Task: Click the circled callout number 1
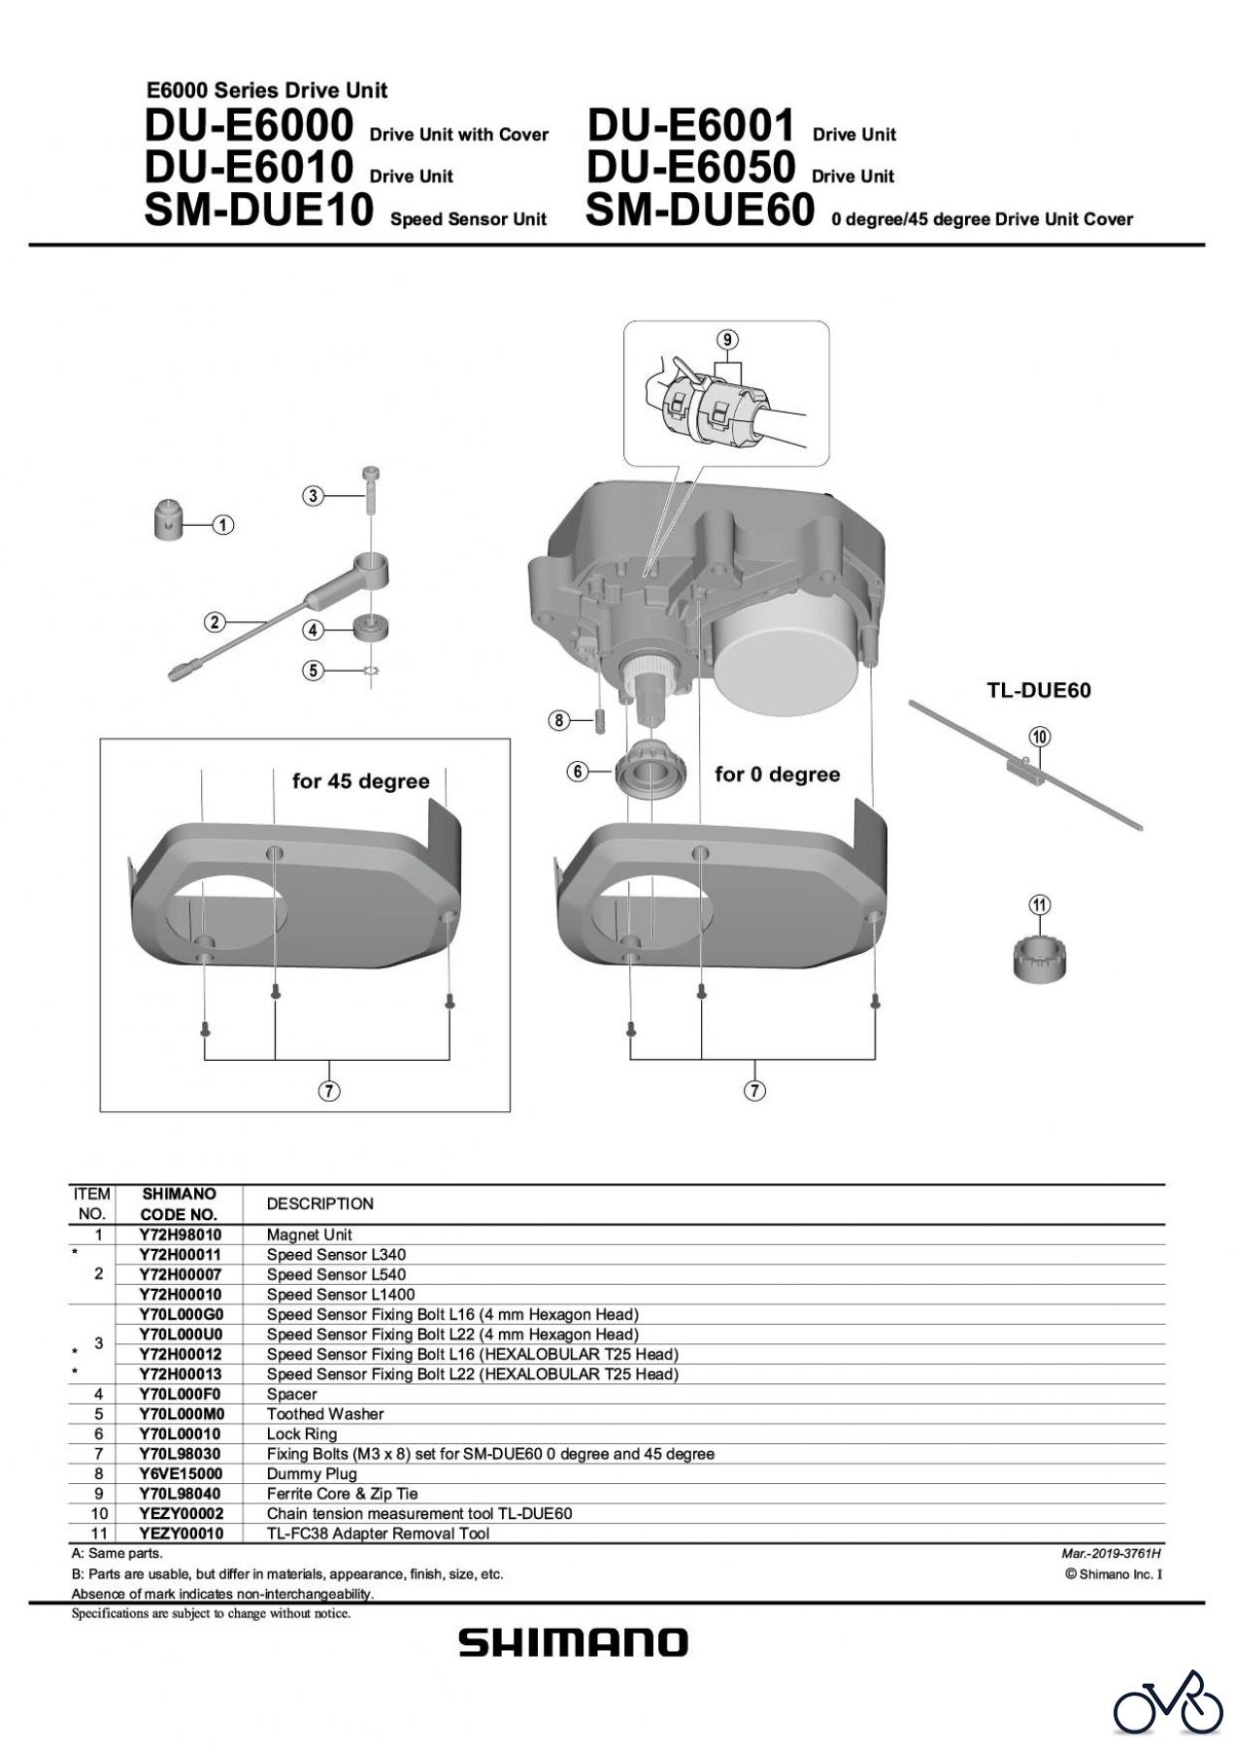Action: click(223, 525)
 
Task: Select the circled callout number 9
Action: click(727, 340)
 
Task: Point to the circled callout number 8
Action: click(558, 720)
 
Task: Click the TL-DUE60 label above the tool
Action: click(1039, 691)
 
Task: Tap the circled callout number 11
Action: click(1039, 906)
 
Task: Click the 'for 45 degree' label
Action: click(361, 781)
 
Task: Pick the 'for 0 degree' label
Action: click(778, 775)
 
